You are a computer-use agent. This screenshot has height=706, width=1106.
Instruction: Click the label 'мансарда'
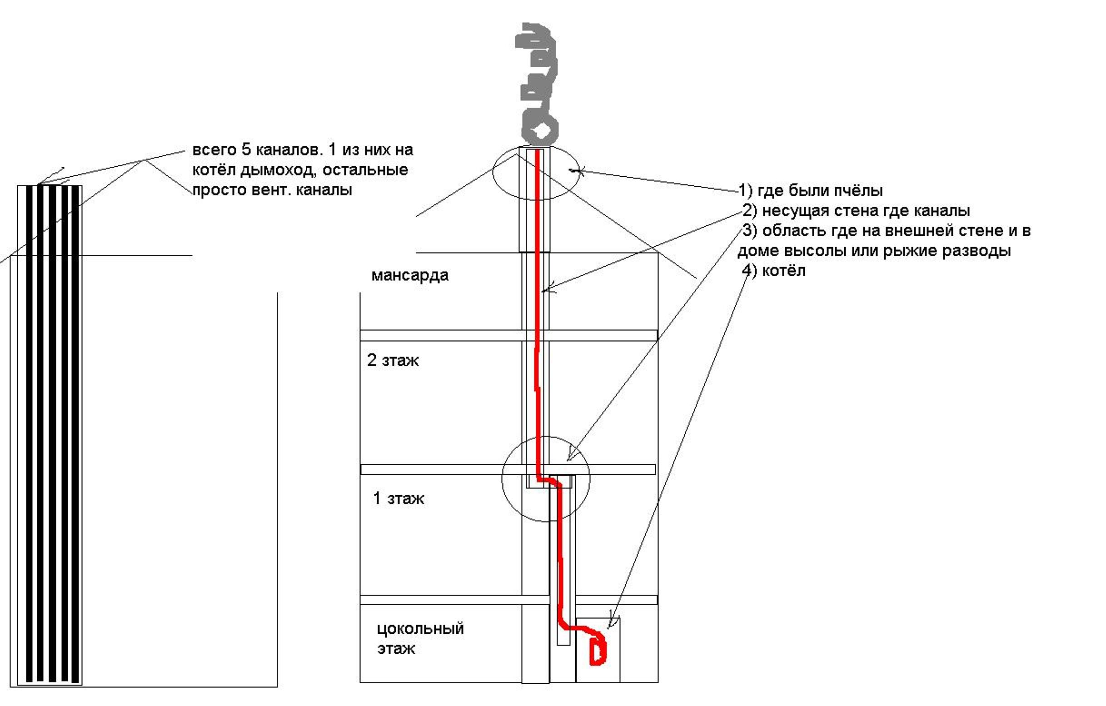click(x=410, y=275)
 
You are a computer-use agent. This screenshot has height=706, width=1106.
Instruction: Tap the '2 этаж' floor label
click(x=393, y=360)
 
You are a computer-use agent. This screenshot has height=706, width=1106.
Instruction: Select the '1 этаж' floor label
click(x=399, y=498)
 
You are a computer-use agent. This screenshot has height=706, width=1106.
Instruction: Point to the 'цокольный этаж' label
click(x=420, y=638)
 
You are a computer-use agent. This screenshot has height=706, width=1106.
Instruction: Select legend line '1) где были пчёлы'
click(x=810, y=190)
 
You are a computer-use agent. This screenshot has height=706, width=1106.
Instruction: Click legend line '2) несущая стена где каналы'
click(x=856, y=211)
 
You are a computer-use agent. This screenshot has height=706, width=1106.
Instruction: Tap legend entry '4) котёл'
click(x=774, y=271)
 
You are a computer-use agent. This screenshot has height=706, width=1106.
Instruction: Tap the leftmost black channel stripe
click(x=30, y=432)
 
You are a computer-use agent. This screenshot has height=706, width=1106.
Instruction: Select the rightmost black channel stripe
click(x=76, y=432)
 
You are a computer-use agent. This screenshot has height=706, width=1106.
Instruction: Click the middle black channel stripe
click(x=52, y=432)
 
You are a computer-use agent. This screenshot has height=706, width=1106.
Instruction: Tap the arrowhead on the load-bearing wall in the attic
click(x=545, y=290)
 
